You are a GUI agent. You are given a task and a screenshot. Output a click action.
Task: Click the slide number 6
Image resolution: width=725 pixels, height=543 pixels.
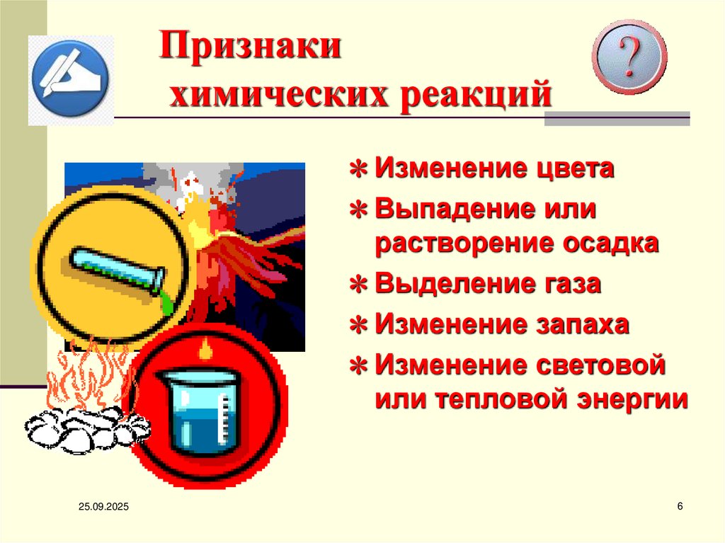tap(680, 506)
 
